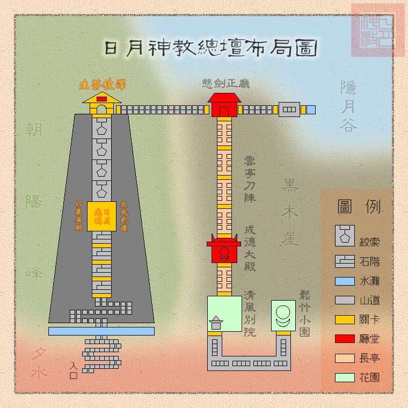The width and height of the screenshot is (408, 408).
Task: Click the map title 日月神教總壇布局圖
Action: [210, 48]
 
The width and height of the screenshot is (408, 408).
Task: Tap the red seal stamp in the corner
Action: [377, 30]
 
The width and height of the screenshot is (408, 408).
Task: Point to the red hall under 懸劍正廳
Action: [224, 105]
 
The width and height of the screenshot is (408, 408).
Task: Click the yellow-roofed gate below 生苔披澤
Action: [101, 105]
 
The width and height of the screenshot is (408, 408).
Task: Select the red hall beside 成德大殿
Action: [224, 250]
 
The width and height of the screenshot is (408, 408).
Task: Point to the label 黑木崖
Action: [289, 212]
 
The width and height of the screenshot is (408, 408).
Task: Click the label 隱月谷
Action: [348, 106]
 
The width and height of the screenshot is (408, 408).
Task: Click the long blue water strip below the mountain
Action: [101, 331]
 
